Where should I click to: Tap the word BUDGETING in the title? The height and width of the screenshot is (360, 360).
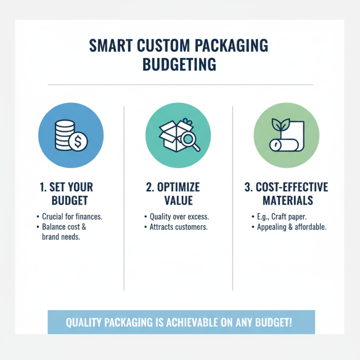180,64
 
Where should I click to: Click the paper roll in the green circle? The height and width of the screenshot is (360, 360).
278,144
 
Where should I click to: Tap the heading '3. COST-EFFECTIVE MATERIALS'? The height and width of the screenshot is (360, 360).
286,193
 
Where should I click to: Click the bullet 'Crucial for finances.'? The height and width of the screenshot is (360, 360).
72,216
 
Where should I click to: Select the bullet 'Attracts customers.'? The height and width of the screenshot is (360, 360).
178,227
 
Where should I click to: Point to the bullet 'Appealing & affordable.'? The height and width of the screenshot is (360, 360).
292,227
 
